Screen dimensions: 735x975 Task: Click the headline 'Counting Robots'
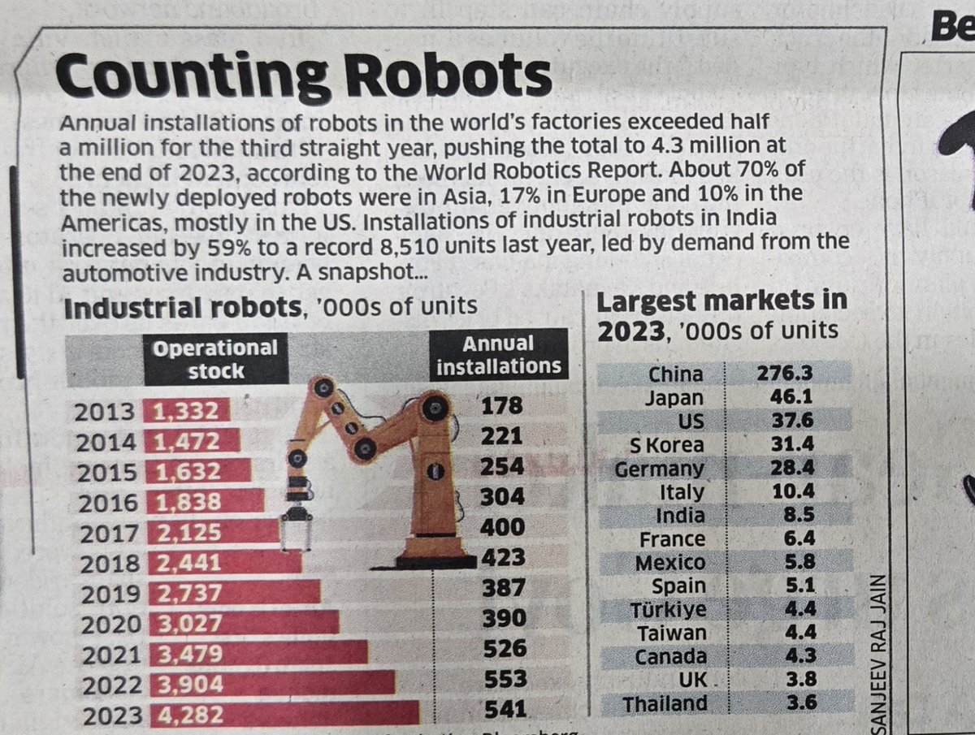tap(302, 76)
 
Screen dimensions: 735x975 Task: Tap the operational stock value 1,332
tap(186, 412)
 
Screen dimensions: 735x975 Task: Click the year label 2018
tap(108, 563)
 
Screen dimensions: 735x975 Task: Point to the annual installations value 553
tap(505, 679)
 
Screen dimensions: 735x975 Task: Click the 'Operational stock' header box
tap(215, 359)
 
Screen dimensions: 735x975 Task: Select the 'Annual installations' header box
tap(498, 355)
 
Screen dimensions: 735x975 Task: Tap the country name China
tap(676, 374)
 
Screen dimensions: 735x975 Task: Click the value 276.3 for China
tap(785, 374)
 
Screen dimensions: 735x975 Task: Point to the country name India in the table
tap(681, 516)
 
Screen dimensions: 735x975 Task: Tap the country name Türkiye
tap(669, 610)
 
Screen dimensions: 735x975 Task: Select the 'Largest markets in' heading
tap(721, 301)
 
